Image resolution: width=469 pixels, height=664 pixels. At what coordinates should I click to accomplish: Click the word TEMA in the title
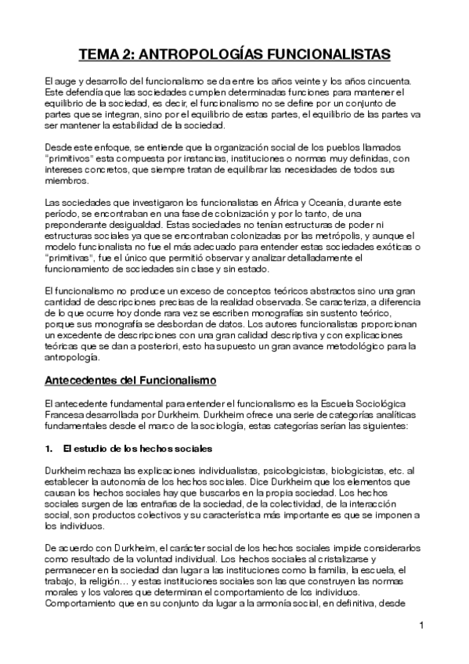(102, 55)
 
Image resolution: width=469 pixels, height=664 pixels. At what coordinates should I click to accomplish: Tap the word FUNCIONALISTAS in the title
(327, 55)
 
